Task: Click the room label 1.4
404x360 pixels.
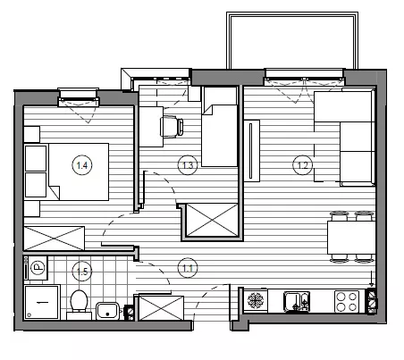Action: coord(82,165)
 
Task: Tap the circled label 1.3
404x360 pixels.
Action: coord(188,165)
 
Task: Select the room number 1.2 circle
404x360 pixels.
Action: coord(303,165)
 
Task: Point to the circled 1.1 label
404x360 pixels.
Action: coord(188,268)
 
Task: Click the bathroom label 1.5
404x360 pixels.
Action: coord(82,272)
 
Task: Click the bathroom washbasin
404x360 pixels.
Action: coord(107,311)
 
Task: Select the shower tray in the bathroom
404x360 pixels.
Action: coord(42,302)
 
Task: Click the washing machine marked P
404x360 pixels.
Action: coord(36,267)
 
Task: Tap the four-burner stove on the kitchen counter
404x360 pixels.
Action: coord(347,301)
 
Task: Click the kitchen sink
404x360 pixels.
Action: coord(297,302)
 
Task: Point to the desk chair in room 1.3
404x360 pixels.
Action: coord(172,127)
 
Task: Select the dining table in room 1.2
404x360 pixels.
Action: coord(351,238)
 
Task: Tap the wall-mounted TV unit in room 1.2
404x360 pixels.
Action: coord(252,151)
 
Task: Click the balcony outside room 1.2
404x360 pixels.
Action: coord(292,41)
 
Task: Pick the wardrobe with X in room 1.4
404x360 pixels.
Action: coord(55,239)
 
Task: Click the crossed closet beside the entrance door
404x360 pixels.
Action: coord(162,308)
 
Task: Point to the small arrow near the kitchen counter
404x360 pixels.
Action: coord(371,279)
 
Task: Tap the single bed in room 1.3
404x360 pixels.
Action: coord(220,127)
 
